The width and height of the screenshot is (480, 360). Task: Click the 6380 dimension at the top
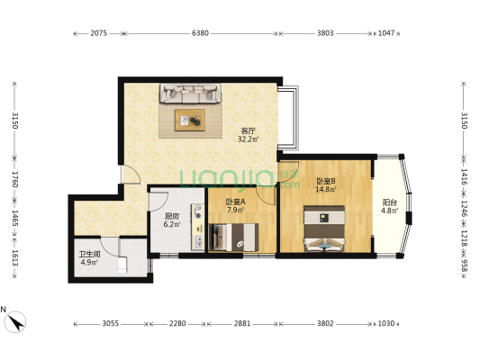click(200, 33)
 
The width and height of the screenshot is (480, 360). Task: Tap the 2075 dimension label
click(98, 33)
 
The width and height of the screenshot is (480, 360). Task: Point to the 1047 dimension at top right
click(386, 33)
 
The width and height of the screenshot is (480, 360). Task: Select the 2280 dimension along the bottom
click(177, 323)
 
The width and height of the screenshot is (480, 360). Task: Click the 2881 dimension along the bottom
click(242, 323)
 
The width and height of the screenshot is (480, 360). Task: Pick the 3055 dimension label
click(111, 323)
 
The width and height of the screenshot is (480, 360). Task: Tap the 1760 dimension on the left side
click(15, 179)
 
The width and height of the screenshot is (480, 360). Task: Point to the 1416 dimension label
click(465, 177)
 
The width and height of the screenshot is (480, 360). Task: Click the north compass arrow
click(15, 322)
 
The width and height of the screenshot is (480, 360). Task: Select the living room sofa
click(190, 94)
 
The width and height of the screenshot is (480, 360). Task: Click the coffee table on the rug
click(190, 121)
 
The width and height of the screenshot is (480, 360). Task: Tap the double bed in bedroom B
click(324, 229)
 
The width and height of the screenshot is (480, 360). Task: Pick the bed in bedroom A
click(233, 238)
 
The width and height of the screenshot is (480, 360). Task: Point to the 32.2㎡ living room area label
click(249, 139)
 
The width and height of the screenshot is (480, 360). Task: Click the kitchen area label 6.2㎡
click(172, 224)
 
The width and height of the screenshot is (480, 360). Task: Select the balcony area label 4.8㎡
click(389, 211)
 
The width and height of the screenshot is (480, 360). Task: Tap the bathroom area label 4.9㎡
click(89, 262)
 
